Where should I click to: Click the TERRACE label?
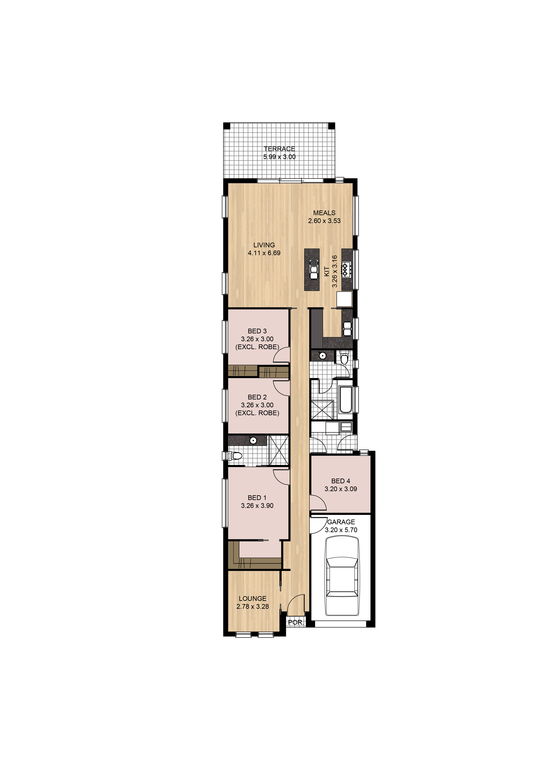pyautogui.click(x=279, y=149)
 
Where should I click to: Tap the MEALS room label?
pyautogui.click(x=324, y=213)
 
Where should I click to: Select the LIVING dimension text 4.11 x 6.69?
pyautogui.click(x=264, y=253)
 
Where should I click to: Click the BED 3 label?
pyautogui.click(x=257, y=331)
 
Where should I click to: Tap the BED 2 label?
pyautogui.click(x=257, y=397)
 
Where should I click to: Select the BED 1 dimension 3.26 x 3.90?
pyautogui.click(x=257, y=506)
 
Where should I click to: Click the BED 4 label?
pyautogui.click(x=341, y=481)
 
